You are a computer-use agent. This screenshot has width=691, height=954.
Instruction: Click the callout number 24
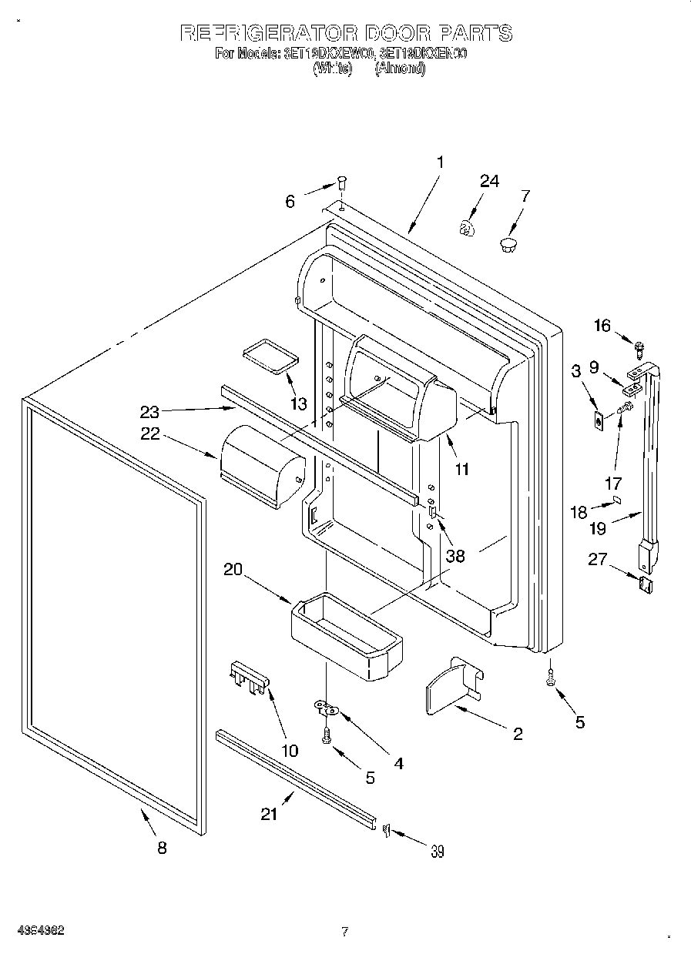coord(489,181)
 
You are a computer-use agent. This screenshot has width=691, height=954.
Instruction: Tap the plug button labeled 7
coord(508,245)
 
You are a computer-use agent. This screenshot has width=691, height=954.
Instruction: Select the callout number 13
coord(298,403)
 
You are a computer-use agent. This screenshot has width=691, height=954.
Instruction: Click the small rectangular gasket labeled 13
coord(269,356)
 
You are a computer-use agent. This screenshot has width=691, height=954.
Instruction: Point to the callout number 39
coord(438,851)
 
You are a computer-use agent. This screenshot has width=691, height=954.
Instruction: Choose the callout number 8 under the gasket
coord(161,848)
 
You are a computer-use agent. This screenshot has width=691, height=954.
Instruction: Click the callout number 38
coord(455,555)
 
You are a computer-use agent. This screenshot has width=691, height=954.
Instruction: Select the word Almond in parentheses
coord(400,69)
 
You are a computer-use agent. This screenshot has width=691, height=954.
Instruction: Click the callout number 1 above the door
coord(439,162)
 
